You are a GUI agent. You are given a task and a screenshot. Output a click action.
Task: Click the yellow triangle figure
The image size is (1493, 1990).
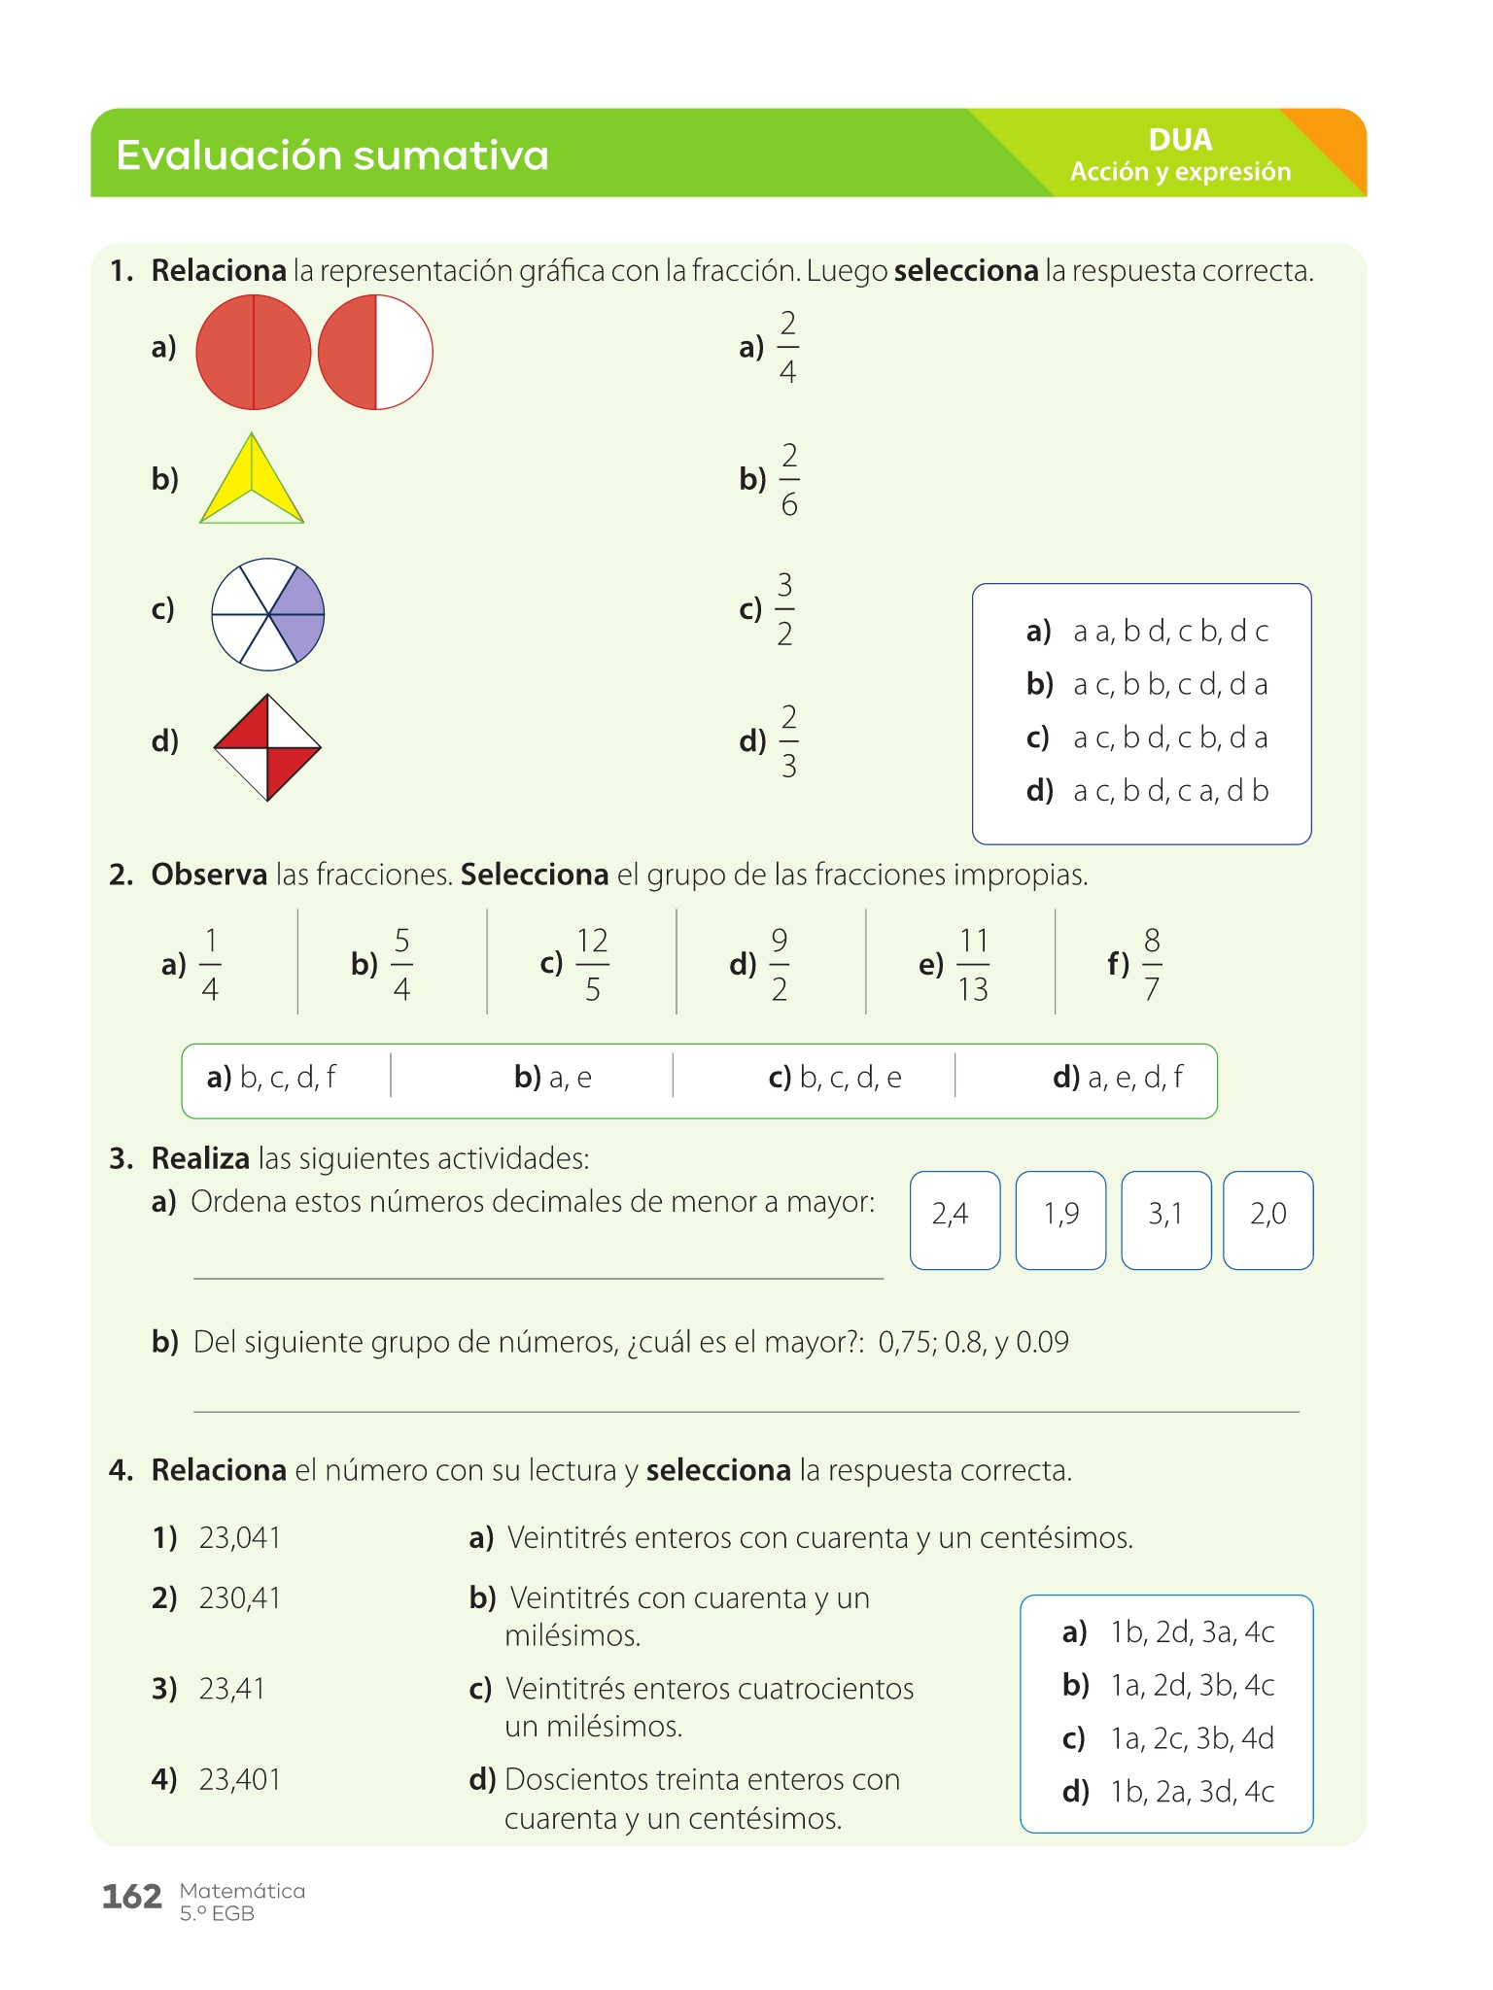252,481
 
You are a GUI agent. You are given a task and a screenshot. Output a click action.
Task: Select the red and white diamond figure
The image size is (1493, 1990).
267,747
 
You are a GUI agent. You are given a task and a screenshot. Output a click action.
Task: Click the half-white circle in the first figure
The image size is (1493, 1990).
376,352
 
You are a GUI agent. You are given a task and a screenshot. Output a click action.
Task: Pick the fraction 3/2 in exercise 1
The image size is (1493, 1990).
784,609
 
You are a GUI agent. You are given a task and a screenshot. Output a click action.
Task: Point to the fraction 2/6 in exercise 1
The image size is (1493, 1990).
788,479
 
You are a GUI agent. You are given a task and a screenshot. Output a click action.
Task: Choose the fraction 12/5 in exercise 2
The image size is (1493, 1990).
592,964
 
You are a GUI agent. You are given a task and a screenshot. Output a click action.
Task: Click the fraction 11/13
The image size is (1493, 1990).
973,964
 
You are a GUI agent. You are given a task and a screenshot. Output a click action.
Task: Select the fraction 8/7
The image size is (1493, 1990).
1152,964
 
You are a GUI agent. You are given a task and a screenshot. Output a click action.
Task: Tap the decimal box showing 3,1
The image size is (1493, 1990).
1165,1219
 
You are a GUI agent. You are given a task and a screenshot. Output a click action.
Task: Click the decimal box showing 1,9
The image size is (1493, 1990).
1060,1219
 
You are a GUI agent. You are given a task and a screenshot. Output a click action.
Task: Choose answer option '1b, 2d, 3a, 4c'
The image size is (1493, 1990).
1192,1631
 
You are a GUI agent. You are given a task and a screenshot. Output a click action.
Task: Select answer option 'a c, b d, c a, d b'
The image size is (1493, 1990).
1170,791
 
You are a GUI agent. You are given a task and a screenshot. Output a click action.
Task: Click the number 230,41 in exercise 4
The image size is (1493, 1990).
240,1597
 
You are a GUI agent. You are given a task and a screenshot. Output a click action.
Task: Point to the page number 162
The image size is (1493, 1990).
132,1896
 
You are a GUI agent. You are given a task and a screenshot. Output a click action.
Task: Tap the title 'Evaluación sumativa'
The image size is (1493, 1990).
332,155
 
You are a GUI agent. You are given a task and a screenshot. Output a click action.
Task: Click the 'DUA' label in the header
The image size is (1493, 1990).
1180,140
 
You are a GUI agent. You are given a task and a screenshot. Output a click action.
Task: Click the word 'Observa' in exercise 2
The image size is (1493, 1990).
209,875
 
